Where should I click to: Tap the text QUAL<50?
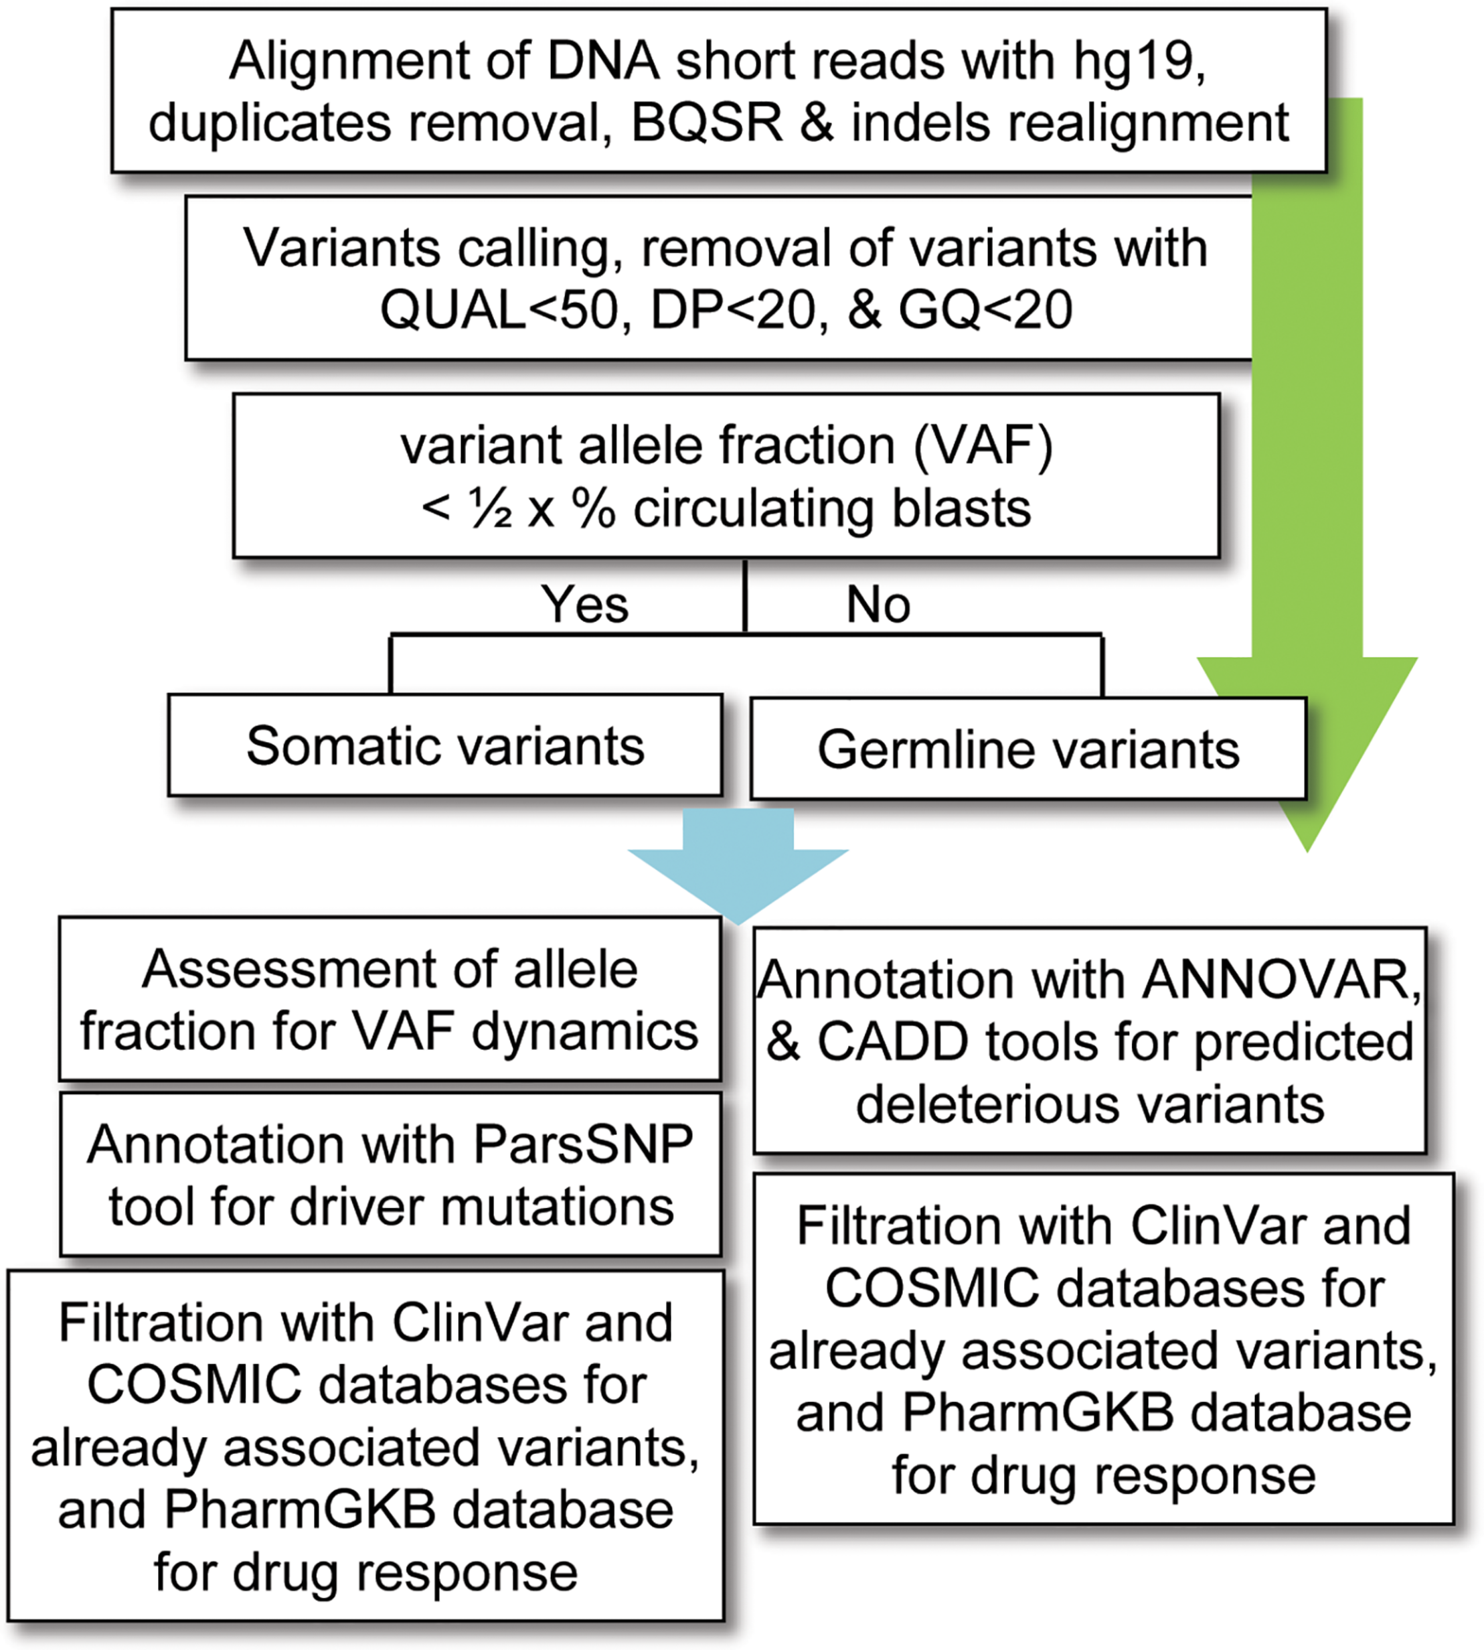[x=498, y=311]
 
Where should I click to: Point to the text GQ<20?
[x=985, y=311]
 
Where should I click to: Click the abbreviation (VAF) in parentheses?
[x=983, y=446]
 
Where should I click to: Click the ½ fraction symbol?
[x=489, y=510]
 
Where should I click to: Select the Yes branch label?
[x=584, y=605]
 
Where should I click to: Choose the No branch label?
[x=878, y=605]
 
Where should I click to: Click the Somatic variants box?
[x=445, y=745]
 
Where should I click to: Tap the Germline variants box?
[x=1027, y=749]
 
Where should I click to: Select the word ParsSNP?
[x=582, y=1144]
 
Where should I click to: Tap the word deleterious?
[x=987, y=1104]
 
